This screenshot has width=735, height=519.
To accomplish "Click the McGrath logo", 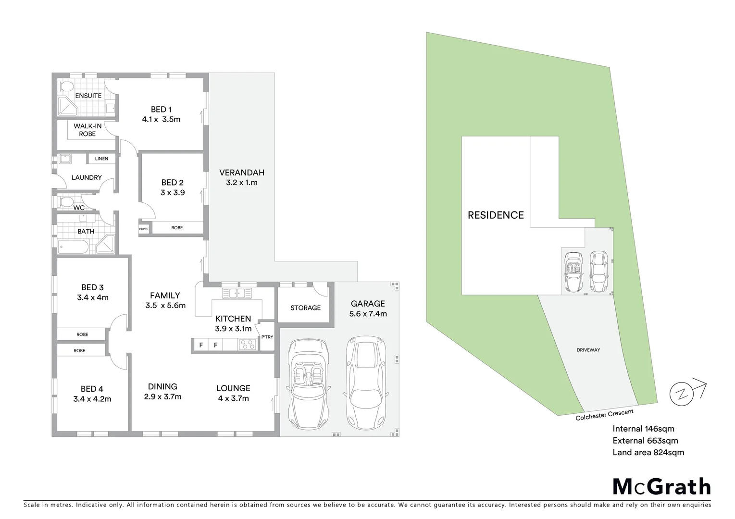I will pos(661,486).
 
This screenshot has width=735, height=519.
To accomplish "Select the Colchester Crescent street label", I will pos(604,414).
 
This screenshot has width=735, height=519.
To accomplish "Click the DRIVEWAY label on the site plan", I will pos(588,350).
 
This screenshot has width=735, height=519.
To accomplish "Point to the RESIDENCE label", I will pos(496,215).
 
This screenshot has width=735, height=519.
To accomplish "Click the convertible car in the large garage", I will pos(308,384).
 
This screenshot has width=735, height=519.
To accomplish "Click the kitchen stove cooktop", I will pos(248,345).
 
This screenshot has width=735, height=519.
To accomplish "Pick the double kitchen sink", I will pos(237,293).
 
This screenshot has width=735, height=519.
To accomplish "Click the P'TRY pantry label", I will pos(267,337).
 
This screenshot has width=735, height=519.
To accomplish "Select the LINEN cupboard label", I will pos(101,159).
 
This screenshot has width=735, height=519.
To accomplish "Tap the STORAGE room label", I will pos(305,308).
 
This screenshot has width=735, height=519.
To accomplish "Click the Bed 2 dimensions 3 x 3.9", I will pos(173,193).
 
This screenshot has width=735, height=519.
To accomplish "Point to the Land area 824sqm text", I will pos(648,452).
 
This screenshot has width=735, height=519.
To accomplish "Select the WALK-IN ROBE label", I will pos(87,130).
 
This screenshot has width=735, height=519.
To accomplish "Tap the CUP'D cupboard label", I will pos(143,229).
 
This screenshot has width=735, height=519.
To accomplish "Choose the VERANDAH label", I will pos(242,173).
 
